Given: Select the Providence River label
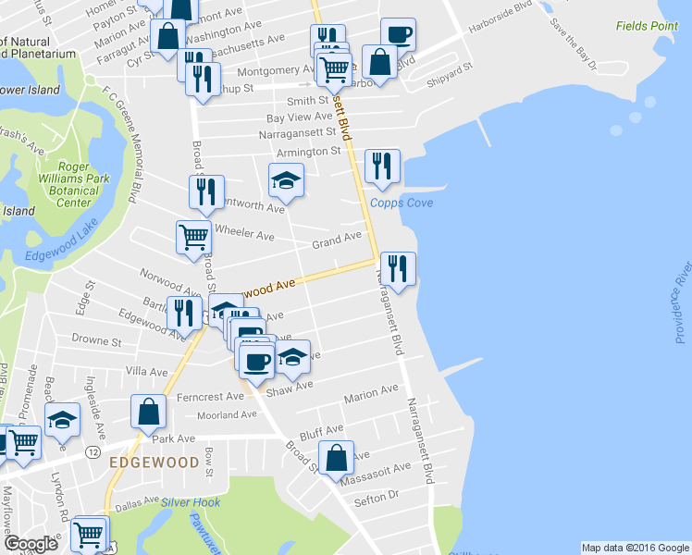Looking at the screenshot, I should coord(683,303).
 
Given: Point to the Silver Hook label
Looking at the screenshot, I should coord(192,502).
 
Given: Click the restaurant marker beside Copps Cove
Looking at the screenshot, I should coord(382,166).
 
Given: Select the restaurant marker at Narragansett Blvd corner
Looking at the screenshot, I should coord(398,269).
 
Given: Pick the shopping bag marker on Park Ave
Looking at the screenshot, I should coord(148,413).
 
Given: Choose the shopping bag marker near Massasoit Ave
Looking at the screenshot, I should coord(336,458).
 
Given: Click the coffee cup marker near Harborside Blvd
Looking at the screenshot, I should coord(398,35).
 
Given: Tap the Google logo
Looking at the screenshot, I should coord(31,543).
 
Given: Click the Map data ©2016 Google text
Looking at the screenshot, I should coord(634,548).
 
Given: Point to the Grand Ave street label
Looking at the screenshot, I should coord(337,239).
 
